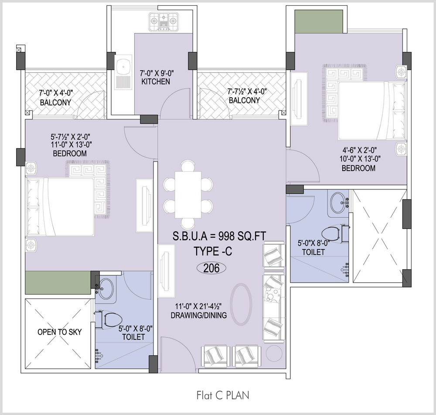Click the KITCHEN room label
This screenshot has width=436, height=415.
pos(156,82)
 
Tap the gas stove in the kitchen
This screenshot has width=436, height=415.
pos(163,22)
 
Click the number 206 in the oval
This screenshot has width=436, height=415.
pos(211,268)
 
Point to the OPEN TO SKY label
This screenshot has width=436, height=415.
pos(59,332)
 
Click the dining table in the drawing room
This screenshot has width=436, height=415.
pos(188,195)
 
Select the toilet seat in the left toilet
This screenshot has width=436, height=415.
pos(111,319)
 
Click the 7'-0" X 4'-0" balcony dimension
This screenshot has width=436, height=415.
pos(56,93)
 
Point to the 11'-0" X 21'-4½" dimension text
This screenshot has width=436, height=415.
pos(198,306)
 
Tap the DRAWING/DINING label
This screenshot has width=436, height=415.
pos(198,315)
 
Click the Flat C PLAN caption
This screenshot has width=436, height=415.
pos(223,395)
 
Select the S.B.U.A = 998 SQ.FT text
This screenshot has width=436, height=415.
pos(219,236)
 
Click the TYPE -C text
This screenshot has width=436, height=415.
pos(213,251)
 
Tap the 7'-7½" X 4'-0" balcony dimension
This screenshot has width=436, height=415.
pos(247,91)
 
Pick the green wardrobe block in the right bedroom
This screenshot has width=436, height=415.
pos(319,22)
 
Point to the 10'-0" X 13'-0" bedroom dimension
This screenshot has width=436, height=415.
pos(360,159)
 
